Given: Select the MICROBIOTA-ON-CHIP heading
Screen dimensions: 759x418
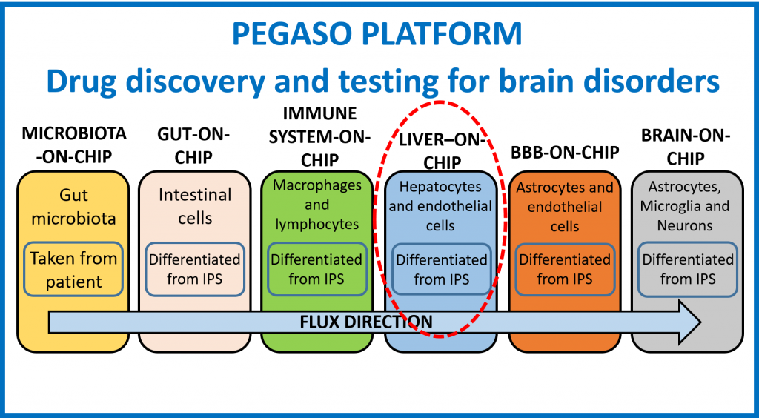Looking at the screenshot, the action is click(74, 145).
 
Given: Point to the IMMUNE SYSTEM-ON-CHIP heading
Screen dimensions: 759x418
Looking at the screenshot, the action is click(319, 137).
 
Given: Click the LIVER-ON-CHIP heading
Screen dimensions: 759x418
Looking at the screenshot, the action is click(442, 151).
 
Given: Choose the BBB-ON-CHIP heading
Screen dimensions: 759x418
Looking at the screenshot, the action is click(565, 153).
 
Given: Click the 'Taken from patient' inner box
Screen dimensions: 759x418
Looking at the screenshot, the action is click(74, 270).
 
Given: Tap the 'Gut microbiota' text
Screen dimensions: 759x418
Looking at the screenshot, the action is click(73, 207).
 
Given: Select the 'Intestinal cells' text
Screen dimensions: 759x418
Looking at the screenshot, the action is click(195, 206).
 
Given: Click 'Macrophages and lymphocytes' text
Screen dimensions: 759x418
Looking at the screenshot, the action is click(317, 204).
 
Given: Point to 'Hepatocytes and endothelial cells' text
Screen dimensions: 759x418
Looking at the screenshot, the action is click(440, 206).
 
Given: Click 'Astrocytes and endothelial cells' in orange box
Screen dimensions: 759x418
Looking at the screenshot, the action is click(565, 207).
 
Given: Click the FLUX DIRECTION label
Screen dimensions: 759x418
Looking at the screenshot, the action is click(366, 321).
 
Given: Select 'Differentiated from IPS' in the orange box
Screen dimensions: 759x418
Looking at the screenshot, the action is click(565, 270).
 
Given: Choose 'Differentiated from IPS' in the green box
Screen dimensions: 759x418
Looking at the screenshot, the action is click(317, 269).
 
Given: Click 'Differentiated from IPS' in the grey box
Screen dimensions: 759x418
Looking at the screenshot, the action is click(688, 270).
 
